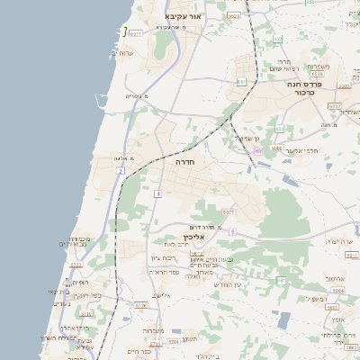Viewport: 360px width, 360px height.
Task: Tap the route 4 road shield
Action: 157,193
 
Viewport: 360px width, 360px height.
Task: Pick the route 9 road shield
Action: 231,231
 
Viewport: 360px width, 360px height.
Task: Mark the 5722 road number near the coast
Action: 76,265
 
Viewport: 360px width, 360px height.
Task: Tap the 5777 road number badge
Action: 229,212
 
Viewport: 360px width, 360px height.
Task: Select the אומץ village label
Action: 337,319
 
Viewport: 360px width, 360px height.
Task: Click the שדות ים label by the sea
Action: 125,53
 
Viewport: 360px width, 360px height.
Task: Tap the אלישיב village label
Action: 162,294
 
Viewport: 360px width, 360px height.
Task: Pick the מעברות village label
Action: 153,330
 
